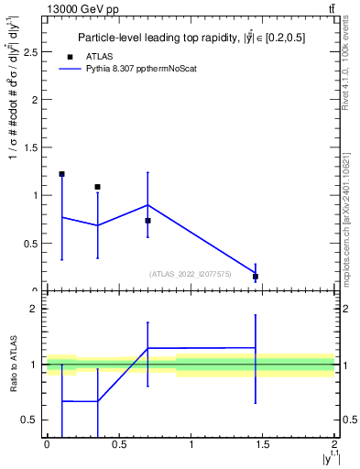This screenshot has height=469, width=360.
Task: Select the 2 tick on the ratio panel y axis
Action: pyautogui.click(x=36, y=309)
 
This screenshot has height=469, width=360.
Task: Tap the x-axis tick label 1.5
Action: pyautogui.click(x=263, y=444)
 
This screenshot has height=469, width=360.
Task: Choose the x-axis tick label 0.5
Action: pyautogui.click(x=118, y=444)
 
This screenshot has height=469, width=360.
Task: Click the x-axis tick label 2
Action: pyautogui.click(x=335, y=444)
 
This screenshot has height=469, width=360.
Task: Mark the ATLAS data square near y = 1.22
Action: pyautogui.click(x=61, y=174)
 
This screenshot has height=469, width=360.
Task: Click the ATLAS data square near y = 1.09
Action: pyautogui.click(x=97, y=187)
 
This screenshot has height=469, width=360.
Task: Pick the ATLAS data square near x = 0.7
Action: pyautogui.click(x=147, y=221)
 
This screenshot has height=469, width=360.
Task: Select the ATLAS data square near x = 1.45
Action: pyautogui.click(x=256, y=276)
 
